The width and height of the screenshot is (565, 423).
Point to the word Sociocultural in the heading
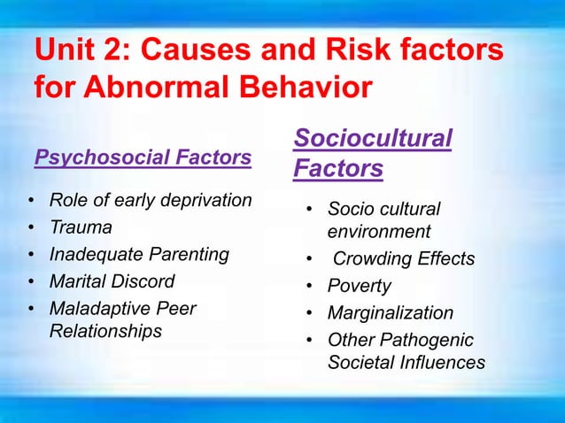373,138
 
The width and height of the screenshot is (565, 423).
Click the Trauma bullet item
81,227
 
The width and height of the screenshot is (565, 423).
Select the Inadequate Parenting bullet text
139,255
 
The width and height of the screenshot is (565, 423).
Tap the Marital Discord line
112,281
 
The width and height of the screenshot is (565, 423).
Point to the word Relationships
105,331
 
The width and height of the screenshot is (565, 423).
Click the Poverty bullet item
359,287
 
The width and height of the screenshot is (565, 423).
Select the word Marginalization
391,313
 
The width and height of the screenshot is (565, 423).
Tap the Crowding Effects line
404,259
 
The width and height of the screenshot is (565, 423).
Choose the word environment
379,232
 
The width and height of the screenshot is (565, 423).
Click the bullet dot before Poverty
309,287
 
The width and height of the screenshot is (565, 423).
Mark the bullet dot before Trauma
31,227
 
